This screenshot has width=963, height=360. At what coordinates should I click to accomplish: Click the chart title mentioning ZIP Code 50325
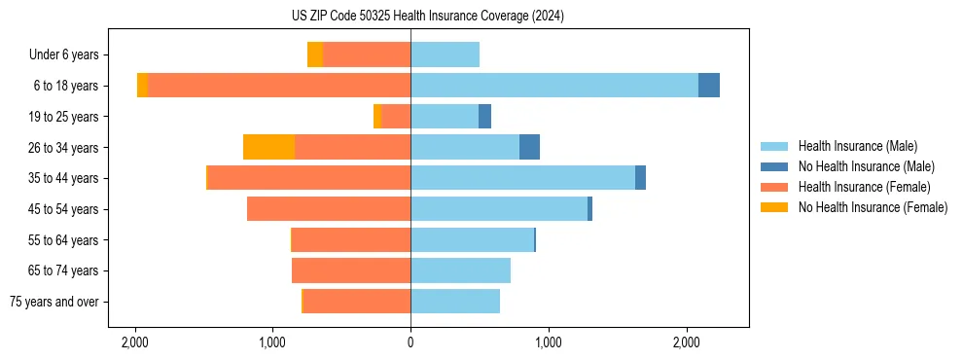tap(481, 16)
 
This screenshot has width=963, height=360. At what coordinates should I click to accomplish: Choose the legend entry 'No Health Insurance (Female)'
tap(873, 207)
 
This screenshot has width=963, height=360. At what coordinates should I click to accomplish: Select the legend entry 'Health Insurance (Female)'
tap(864, 187)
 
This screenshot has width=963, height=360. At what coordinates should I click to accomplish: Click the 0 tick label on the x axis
tap(410, 342)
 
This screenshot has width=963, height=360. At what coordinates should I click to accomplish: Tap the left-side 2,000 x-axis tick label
tap(134, 342)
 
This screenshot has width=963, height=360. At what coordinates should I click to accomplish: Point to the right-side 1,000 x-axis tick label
tap(549, 342)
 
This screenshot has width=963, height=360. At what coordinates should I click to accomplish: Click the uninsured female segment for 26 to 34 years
tap(268, 147)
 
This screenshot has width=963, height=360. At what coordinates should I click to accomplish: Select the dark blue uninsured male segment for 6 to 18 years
tap(709, 86)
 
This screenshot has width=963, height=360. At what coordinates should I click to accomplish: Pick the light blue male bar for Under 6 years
tap(445, 54)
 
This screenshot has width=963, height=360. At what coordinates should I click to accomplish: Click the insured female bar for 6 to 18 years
tap(279, 86)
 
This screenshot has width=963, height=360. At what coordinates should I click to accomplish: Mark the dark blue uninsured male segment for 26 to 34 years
tap(529, 147)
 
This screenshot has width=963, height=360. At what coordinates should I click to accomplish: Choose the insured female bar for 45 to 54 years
tap(329, 209)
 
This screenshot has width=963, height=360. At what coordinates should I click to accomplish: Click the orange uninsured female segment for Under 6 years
tap(315, 54)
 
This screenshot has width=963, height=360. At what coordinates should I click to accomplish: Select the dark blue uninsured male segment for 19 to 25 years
tap(484, 117)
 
